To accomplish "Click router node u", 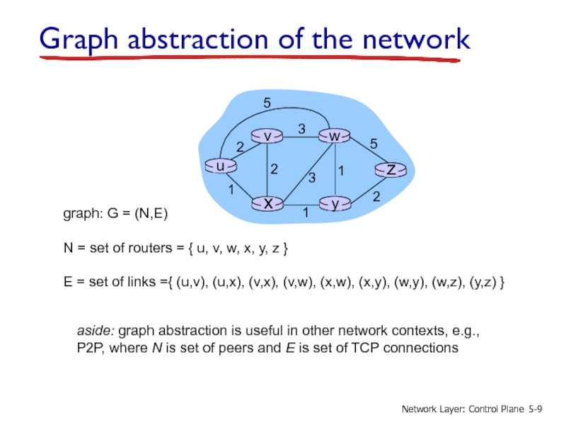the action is pyautogui.click(x=220, y=166).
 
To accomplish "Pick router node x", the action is pyautogui.click(x=268, y=204).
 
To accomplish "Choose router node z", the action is pyautogui.click(x=390, y=170).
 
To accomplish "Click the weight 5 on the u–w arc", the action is pyautogui.click(x=267, y=103).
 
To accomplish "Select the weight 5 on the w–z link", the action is pyautogui.click(x=373, y=144).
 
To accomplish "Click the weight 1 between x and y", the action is pyautogui.click(x=305, y=212).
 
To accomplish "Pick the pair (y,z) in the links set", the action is pyautogui.click(x=483, y=283).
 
